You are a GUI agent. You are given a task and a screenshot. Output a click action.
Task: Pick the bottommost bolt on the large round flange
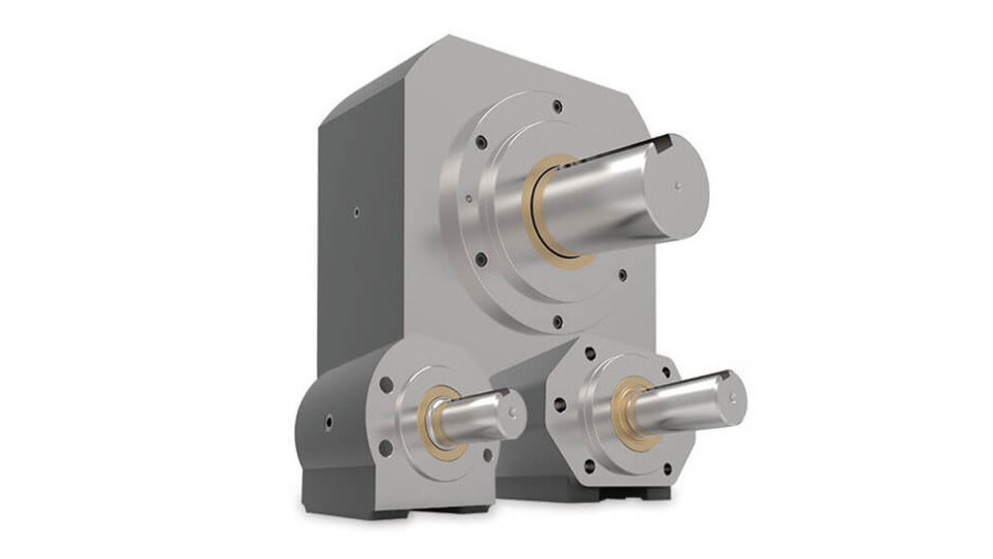point(554,321)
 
